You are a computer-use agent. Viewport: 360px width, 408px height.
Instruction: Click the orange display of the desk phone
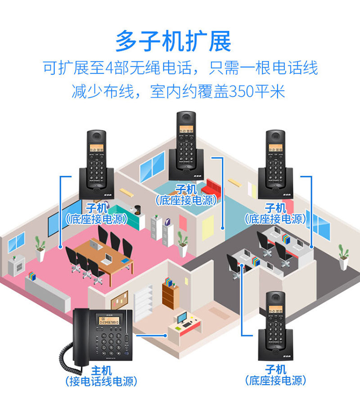pyautogui.click(x=112, y=321)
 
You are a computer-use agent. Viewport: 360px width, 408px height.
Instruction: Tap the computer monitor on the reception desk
pyautogui.click(x=181, y=317)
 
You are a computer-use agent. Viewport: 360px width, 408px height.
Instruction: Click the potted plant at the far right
pyautogui.click(x=343, y=256)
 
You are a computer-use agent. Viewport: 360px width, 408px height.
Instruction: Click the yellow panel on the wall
pyautogui.click(x=208, y=228)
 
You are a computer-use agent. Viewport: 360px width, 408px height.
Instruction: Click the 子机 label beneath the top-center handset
pyautogui.click(x=186, y=188)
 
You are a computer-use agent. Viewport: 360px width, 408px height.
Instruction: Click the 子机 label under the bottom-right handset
pyautogui.click(x=276, y=370)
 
